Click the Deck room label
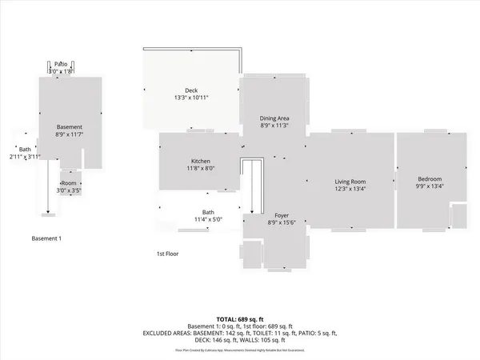coord(190,90)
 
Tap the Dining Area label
coord(273,118)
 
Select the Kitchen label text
coord(200,161)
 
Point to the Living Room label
coord(350,182)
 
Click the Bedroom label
coord(430,179)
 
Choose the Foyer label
coord(281,216)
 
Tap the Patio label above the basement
coord(61,64)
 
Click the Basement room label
coord(70,127)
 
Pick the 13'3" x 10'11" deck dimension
coord(190,98)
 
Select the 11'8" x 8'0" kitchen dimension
coord(200,169)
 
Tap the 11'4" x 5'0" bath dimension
coord(206,218)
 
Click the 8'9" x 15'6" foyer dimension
coord(281,224)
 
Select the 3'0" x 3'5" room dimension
coord(70,191)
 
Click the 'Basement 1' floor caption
coord(46,238)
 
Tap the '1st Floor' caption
coord(167,254)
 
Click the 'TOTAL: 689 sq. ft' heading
coord(240,318)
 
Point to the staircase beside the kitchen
coord(252,184)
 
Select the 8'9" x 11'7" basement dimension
coord(70,135)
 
